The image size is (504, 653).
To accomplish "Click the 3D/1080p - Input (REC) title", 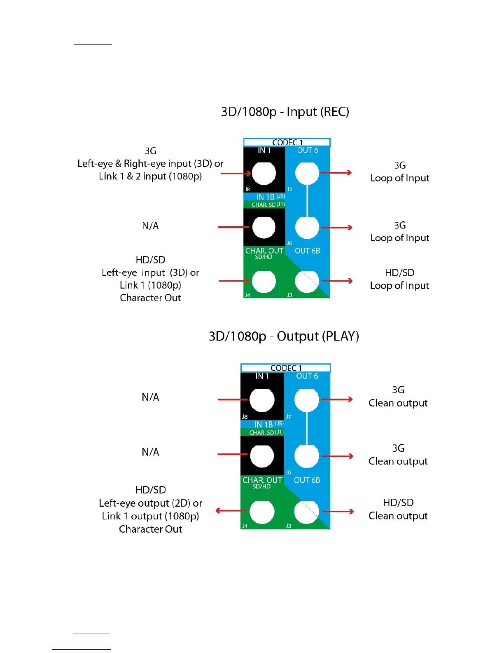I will tap(285, 112).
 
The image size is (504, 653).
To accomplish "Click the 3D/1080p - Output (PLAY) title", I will tap(284, 336).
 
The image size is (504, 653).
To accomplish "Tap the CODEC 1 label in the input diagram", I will tap(287, 142).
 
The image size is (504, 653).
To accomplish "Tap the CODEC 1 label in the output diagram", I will tap(286, 368).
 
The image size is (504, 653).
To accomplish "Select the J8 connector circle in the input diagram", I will tap(264, 173).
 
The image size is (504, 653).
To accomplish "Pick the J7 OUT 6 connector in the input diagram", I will tap(307, 173).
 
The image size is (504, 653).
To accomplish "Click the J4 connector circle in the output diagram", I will tap(262, 512).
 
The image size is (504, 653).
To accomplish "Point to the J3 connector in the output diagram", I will tap(306, 512).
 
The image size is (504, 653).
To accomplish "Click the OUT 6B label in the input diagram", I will tap(307, 251).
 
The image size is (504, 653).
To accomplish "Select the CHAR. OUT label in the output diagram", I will tap(262, 480).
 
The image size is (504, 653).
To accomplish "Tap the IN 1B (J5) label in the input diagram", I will tap(270, 197).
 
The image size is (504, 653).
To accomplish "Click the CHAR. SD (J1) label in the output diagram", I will tap(266, 432).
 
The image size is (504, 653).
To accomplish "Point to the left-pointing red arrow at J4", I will tap(231, 511).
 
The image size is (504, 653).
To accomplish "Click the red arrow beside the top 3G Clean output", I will tap(336, 399).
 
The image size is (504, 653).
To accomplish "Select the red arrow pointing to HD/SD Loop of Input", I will tap(337, 281).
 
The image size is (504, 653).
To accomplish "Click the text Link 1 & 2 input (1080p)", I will tap(150, 176).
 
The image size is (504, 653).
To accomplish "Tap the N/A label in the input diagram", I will tap(150, 226).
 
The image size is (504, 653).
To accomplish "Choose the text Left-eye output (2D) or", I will tap(150, 503).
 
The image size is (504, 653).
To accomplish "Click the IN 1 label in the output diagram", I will tap(262, 376).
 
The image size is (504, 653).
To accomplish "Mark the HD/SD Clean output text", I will tap(398, 509).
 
